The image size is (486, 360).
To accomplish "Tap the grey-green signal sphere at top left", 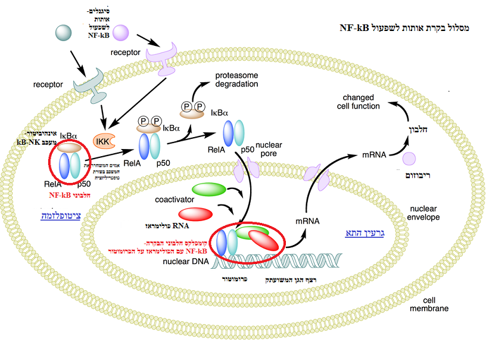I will (x=64, y=34).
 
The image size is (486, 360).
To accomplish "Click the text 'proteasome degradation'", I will (x=236, y=80).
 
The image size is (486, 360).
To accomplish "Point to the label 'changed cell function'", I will (x=362, y=101).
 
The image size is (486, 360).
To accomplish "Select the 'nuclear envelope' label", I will (x=425, y=213).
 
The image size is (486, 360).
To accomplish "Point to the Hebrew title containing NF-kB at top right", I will (x=404, y=27).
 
